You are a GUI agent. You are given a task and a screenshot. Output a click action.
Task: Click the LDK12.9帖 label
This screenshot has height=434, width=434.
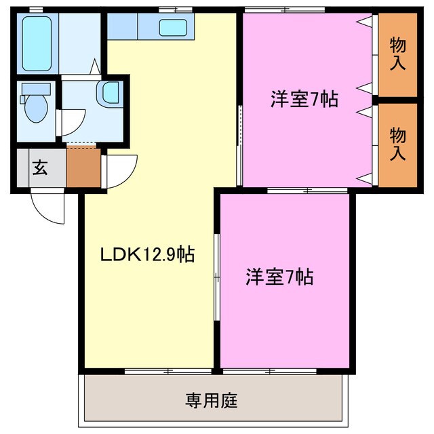(x=147, y=255)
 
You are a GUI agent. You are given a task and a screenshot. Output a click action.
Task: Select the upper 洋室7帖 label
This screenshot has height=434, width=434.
(x=304, y=100)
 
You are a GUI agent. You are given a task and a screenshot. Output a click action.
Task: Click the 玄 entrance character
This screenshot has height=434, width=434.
(x=41, y=167)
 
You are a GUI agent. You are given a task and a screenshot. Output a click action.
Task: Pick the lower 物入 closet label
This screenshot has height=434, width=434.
(x=397, y=144)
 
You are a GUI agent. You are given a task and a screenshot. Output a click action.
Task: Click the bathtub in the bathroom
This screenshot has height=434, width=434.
(x=39, y=44)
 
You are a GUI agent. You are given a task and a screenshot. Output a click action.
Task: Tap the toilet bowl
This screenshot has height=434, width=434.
(x=34, y=105)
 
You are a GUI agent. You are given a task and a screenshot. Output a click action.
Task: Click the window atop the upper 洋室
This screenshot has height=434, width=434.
(x=285, y=9)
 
